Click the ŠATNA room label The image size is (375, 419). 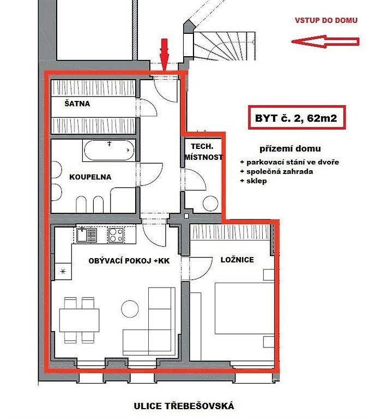77,104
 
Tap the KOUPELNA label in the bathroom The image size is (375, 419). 90,177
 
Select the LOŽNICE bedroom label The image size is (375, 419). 237,260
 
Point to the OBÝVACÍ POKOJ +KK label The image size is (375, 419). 129,261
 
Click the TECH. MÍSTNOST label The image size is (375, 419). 203,152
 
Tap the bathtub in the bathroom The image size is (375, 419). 109,150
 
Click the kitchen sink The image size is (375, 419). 86,235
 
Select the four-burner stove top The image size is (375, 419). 116,235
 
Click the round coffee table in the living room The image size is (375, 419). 130,309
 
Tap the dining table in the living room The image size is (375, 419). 79,320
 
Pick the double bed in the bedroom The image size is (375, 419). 245,308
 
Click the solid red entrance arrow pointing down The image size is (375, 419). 165,55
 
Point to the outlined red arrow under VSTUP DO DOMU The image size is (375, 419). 325,41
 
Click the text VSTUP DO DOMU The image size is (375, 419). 326,20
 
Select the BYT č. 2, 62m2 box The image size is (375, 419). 297,118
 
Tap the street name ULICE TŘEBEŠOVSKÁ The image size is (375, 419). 184,406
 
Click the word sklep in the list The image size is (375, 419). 257,181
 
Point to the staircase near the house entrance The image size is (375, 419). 224,46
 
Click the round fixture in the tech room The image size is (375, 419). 210,203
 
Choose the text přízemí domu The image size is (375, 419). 290,148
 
